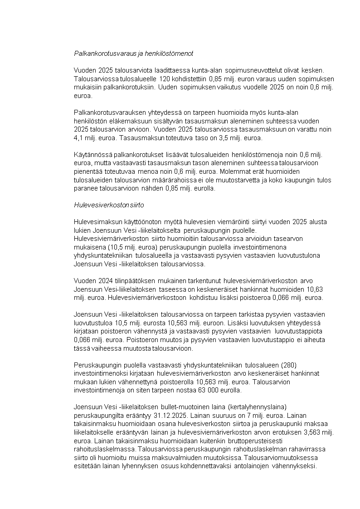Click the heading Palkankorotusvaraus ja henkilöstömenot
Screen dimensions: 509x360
click(134, 53)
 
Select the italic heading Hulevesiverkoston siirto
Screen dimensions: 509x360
click(109, 205)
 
